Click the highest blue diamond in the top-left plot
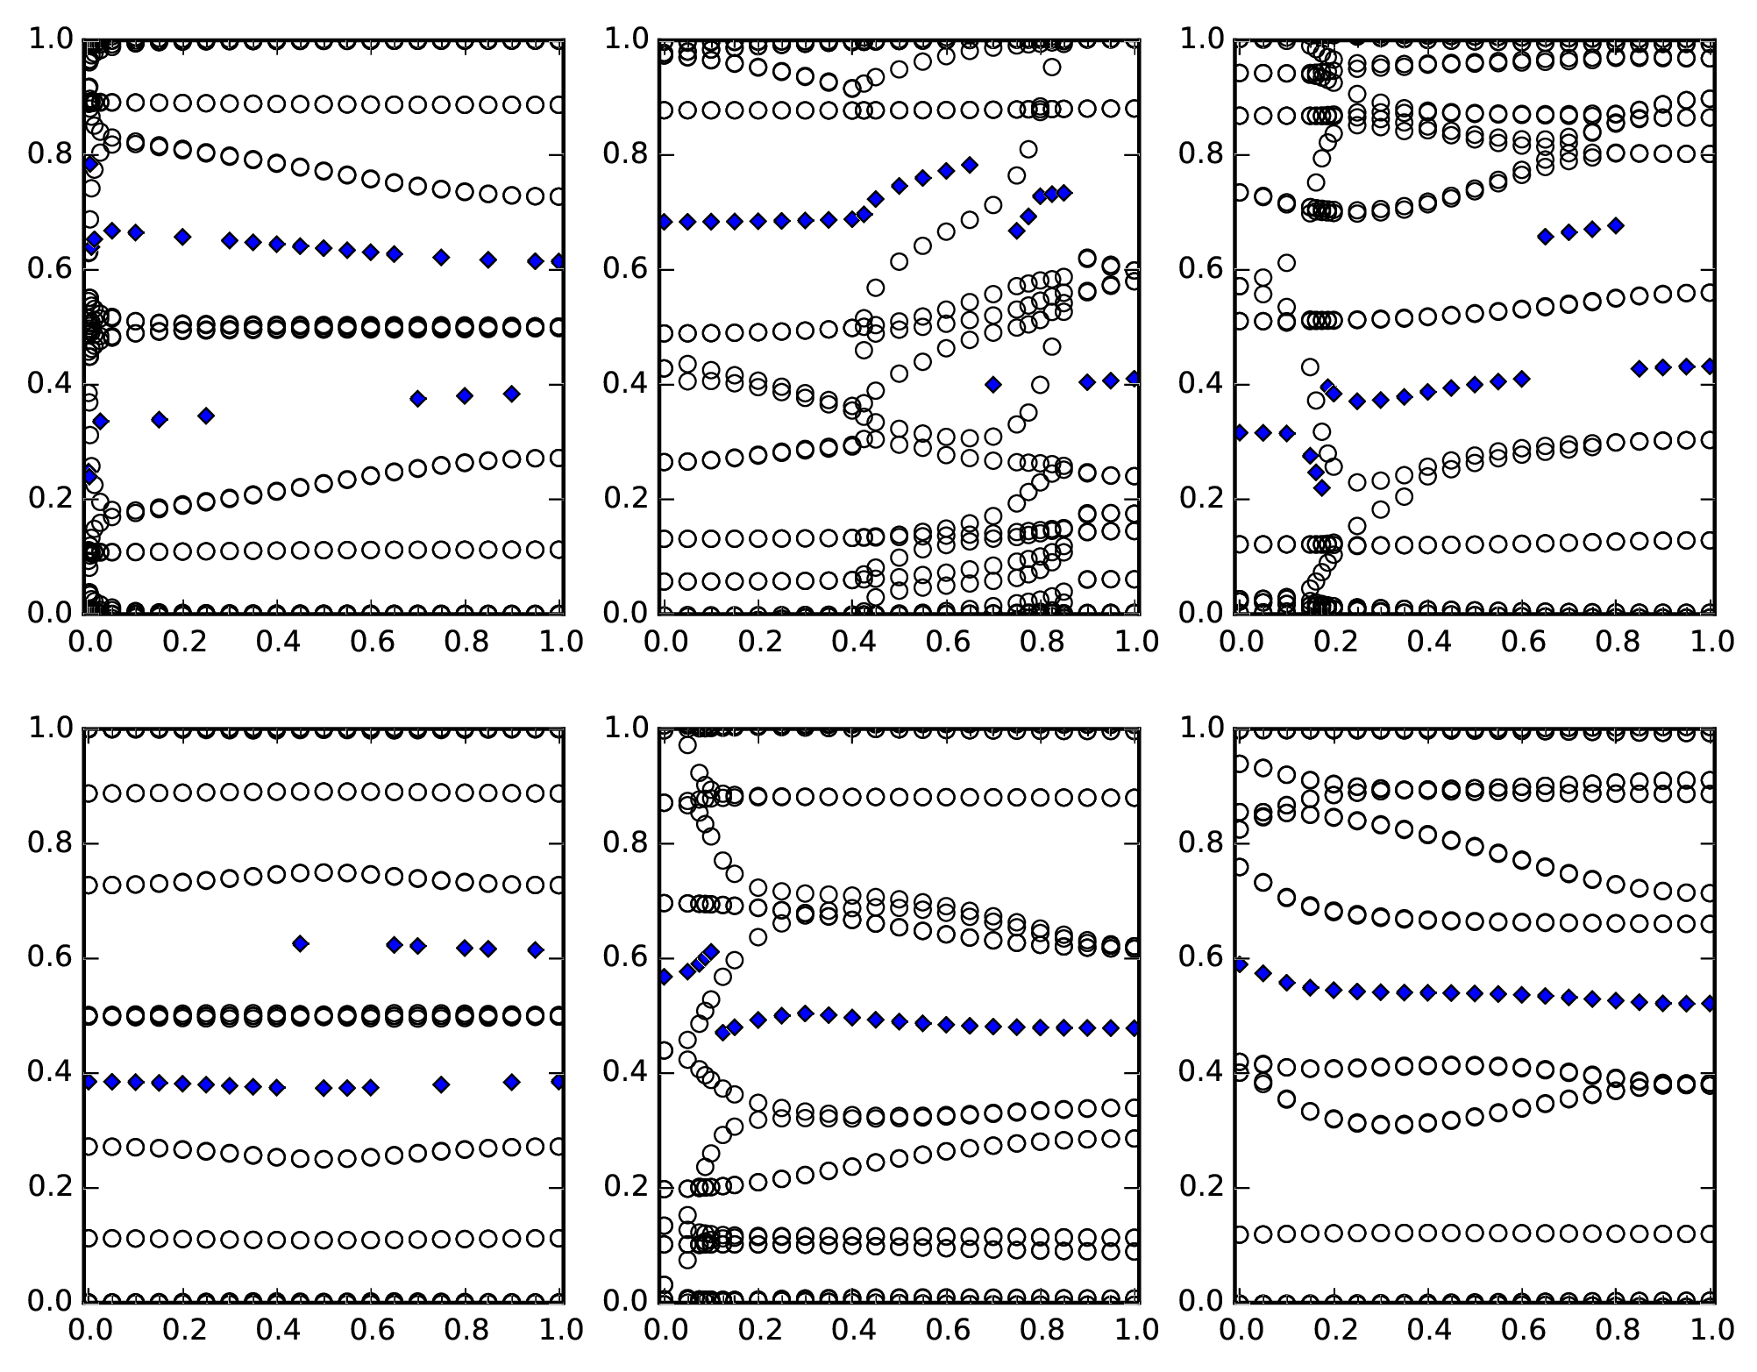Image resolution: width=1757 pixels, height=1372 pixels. (89, 163)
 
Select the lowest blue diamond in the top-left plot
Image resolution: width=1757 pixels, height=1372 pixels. (89, 476)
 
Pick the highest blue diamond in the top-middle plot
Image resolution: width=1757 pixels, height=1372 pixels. (970, 165)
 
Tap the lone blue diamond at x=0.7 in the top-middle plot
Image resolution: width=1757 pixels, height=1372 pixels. (993, 384)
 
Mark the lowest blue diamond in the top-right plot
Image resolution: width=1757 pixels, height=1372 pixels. (1321, 487)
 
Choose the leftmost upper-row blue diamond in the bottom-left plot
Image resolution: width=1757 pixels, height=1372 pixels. (301, 943)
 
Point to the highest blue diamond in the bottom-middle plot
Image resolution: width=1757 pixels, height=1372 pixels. (712, 951)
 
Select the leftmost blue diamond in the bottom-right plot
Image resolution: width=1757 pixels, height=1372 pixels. (1240, 964)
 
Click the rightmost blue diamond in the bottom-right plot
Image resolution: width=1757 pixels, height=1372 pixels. (1710, 1003)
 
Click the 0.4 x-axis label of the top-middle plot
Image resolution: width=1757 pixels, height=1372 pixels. (851, 642)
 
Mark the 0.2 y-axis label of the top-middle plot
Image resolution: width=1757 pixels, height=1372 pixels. (626, 500)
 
